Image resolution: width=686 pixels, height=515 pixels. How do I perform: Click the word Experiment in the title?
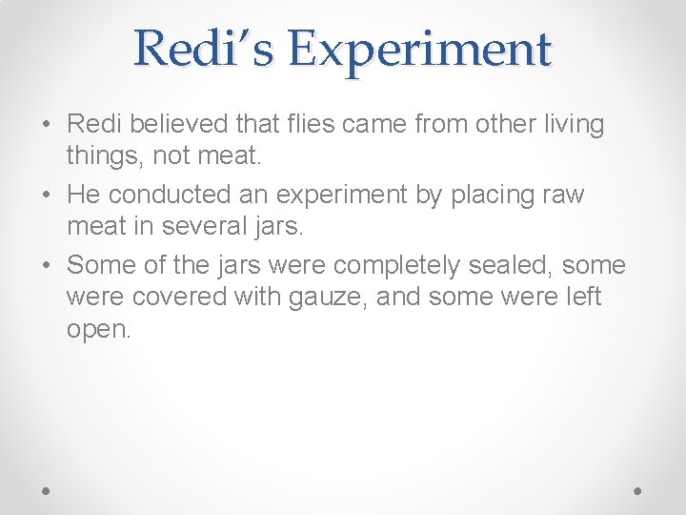click(x=420, y=50)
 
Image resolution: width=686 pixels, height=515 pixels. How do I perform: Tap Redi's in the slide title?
click(x=203, y=48)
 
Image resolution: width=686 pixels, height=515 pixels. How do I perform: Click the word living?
click(x=569, y=125)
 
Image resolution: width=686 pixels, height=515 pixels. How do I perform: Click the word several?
click(x=221, y=228)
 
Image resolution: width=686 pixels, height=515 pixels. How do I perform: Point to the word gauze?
click(x=323, y=298)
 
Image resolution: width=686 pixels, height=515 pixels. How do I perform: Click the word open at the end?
click(x=96, y=330)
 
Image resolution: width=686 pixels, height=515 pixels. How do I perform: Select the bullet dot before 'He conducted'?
click(x=47, y=196)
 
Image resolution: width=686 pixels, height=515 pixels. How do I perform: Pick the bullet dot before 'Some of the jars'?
click(x=47, y=265)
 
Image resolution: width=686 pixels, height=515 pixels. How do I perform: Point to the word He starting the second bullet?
click(x=84, y=195)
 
